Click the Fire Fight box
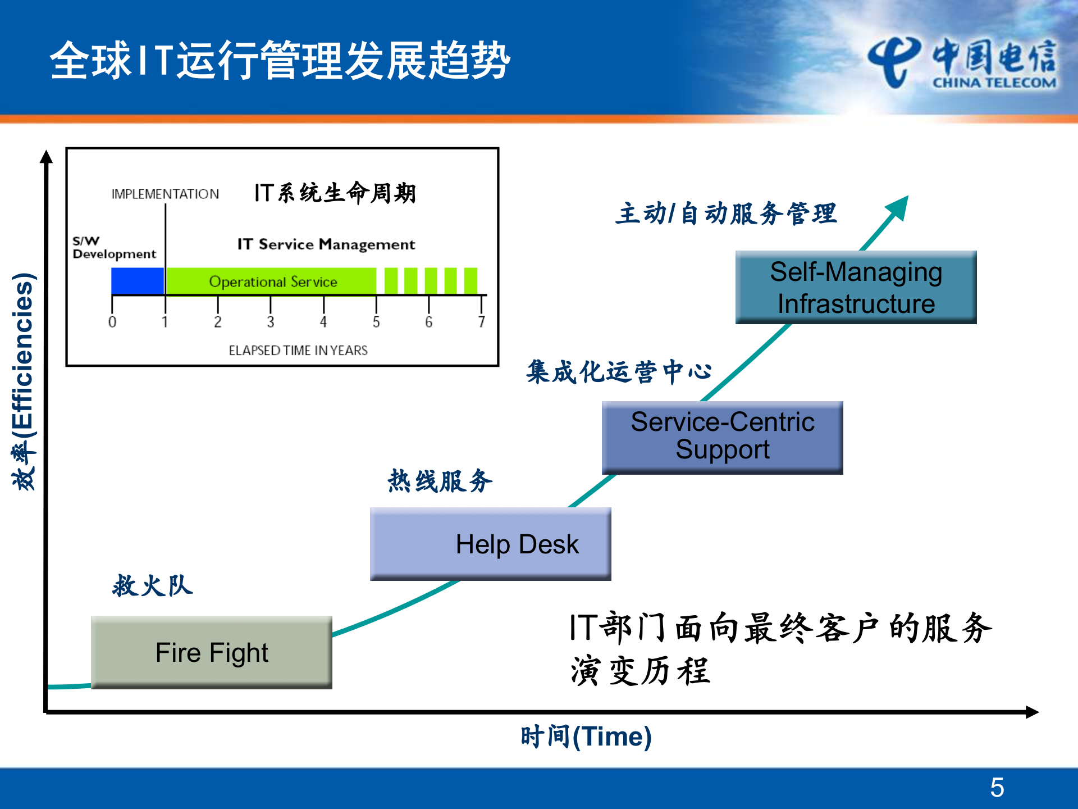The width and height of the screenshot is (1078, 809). coord(212,652)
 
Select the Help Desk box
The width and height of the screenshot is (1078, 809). coord(490,543)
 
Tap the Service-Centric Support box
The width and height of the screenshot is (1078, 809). coord(722,437)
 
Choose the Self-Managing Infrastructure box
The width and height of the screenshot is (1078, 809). coord(856,287)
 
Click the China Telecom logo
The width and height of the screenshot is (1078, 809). coord(961,63)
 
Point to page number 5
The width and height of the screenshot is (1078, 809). coord(997,787)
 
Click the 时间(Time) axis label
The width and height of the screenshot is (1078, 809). coord(586,736)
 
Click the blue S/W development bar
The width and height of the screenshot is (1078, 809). coord(138,281)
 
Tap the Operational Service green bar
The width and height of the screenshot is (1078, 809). coord(272,281)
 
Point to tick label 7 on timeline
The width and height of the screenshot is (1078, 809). coord(481,322)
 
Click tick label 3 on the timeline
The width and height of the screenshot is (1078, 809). coord(270,322)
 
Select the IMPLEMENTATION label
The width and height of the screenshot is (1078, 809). coord(165,194)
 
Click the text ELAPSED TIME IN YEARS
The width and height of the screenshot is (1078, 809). coord(298,350)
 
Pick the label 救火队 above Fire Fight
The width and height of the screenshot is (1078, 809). coord(153,585)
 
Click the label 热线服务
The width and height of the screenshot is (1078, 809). coord(440,481)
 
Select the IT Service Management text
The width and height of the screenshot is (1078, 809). coord(326,244)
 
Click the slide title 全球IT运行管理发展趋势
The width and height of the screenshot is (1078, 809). coord(280,61)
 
